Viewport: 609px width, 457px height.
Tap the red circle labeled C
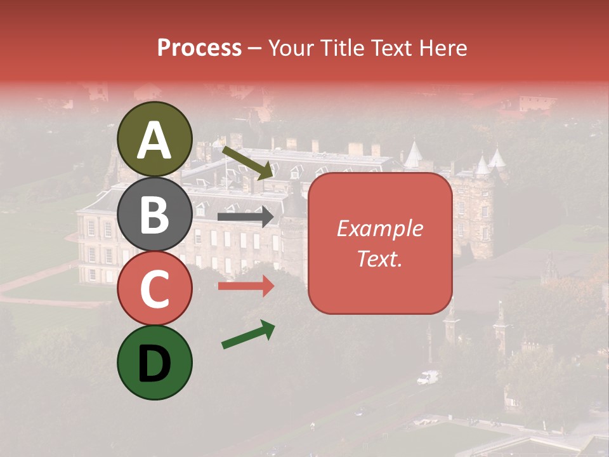click(x=154, y=289)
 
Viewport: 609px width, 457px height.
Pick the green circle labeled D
click(x=154, y=363)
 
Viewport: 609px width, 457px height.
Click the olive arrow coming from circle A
click(x=247, y=162)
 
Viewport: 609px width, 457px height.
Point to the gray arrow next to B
click(x=246, y=217)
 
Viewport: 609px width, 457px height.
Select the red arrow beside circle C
click(x=246, y=286)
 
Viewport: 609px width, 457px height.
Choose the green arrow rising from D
click(x=248, y=334)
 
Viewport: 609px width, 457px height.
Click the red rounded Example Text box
click(x=380, y=243)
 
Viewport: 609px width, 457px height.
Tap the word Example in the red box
click(x=380, y=228)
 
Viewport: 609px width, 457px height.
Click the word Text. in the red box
click(x=380, y=259)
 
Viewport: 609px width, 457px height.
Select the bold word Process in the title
click(x=199, y=48)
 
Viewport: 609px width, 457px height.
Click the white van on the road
click(x=428, y=378)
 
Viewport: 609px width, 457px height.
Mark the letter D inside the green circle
click(x=154, y=364)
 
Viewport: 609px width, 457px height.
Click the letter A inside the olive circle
click(x=154, y=140)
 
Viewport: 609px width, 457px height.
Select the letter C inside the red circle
click(x=154, y=289)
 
